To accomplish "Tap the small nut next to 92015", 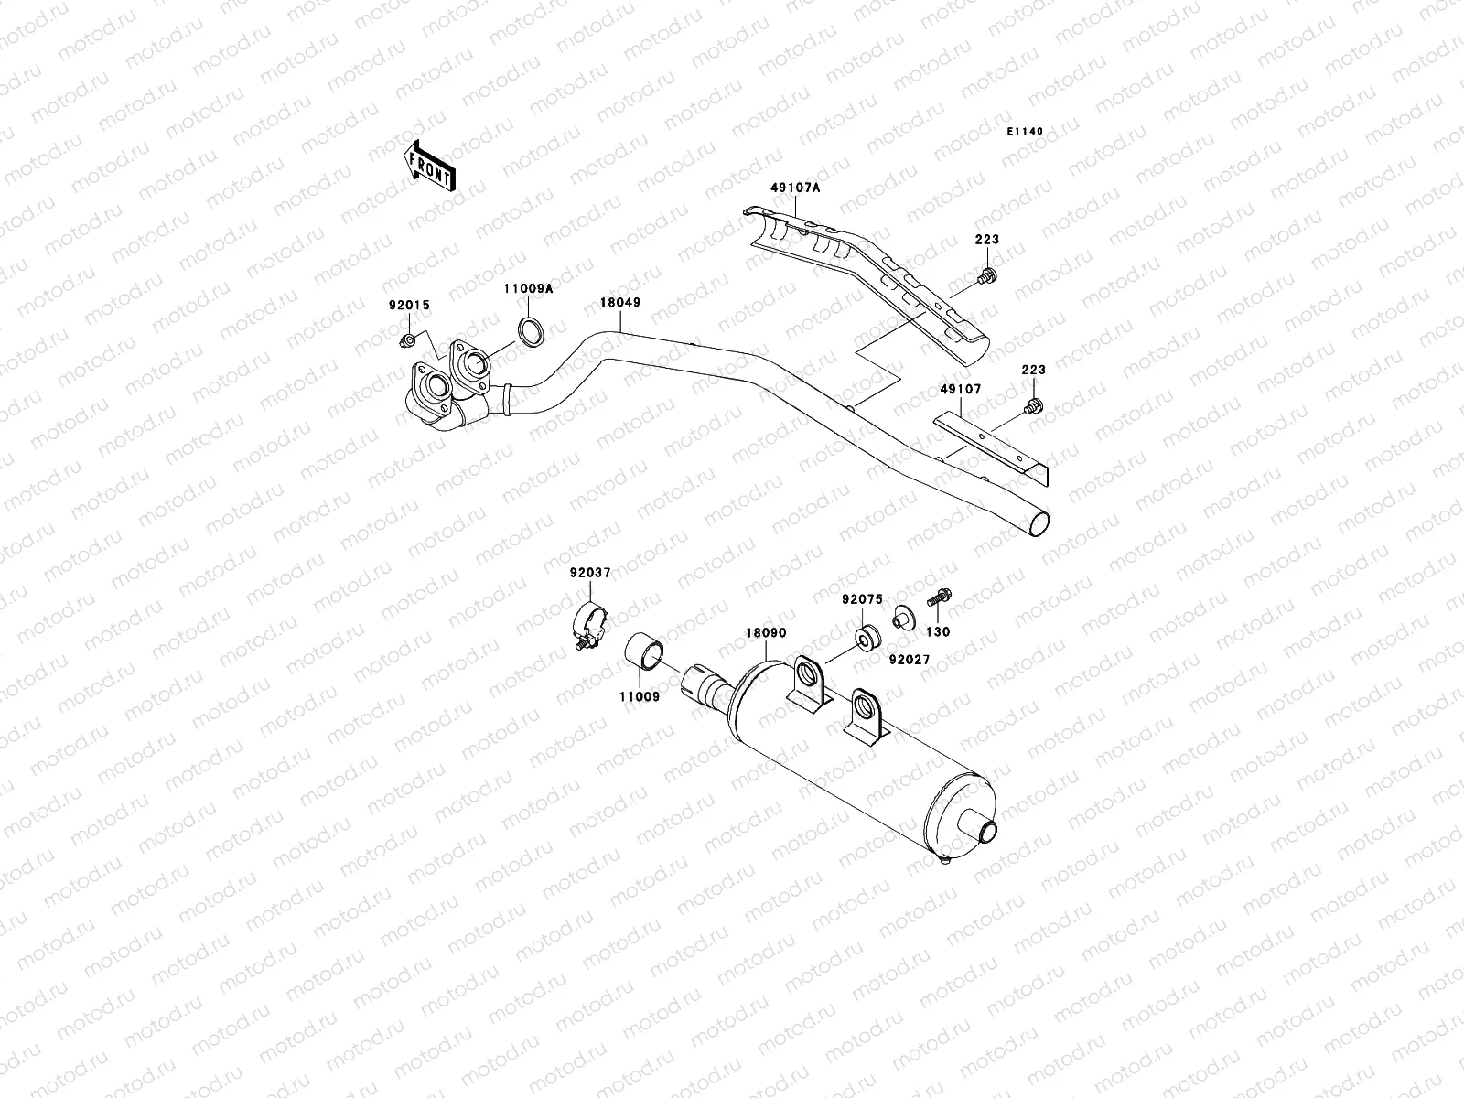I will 408,341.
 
